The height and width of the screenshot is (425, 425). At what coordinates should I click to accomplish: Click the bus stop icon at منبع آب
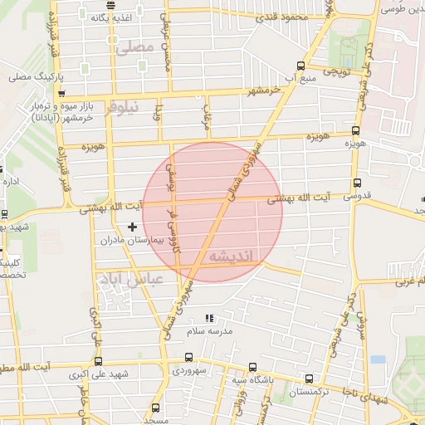pyautogui.click(x=300, y=66)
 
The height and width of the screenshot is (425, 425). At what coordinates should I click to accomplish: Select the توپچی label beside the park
pyautogui.click(x=340, y=72)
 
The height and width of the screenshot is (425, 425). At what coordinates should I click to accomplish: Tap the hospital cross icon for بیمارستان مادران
pyautogui.click(x=132, y=227)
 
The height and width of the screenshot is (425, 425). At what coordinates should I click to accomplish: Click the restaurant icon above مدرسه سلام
pyautogui.click(x=209, y=318)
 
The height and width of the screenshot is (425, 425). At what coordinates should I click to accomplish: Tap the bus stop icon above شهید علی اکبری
pyautogui.click(x=99, y=362)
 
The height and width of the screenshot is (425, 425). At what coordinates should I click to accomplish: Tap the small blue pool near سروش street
pyautogui.click(x=379, y=359)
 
